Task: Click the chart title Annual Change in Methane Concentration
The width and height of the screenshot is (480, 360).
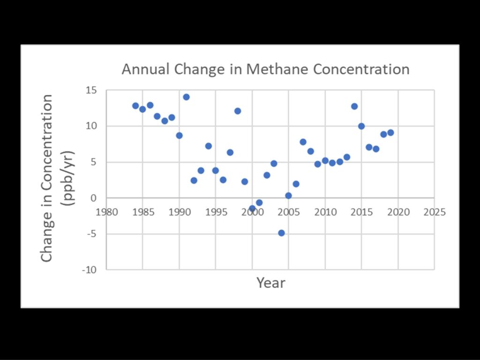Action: point(265,69)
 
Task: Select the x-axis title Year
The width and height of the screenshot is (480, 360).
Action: point(270,283)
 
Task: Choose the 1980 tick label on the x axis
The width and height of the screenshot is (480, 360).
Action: point(107,212)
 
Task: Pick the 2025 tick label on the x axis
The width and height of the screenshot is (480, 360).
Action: point(434,212)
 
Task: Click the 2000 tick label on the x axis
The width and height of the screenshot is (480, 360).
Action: point(253,212)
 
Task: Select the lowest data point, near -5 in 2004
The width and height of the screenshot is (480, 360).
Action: point(281,233)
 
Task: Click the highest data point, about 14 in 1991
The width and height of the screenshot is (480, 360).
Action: point(186,97)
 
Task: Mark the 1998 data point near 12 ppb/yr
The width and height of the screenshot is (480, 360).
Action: point(238,111)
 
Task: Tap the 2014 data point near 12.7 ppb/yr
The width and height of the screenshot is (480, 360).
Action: point(354,106)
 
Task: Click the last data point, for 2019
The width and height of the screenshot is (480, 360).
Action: point(390,133)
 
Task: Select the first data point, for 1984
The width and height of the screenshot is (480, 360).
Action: point(135,106)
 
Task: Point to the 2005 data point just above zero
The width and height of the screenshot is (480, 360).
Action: point(288,195)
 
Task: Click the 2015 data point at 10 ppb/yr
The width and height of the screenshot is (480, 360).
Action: point(361,126)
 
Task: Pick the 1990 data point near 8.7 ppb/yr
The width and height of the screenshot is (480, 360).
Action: point(179,135)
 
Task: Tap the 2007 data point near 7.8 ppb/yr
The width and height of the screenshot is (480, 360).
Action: point(303,142)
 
